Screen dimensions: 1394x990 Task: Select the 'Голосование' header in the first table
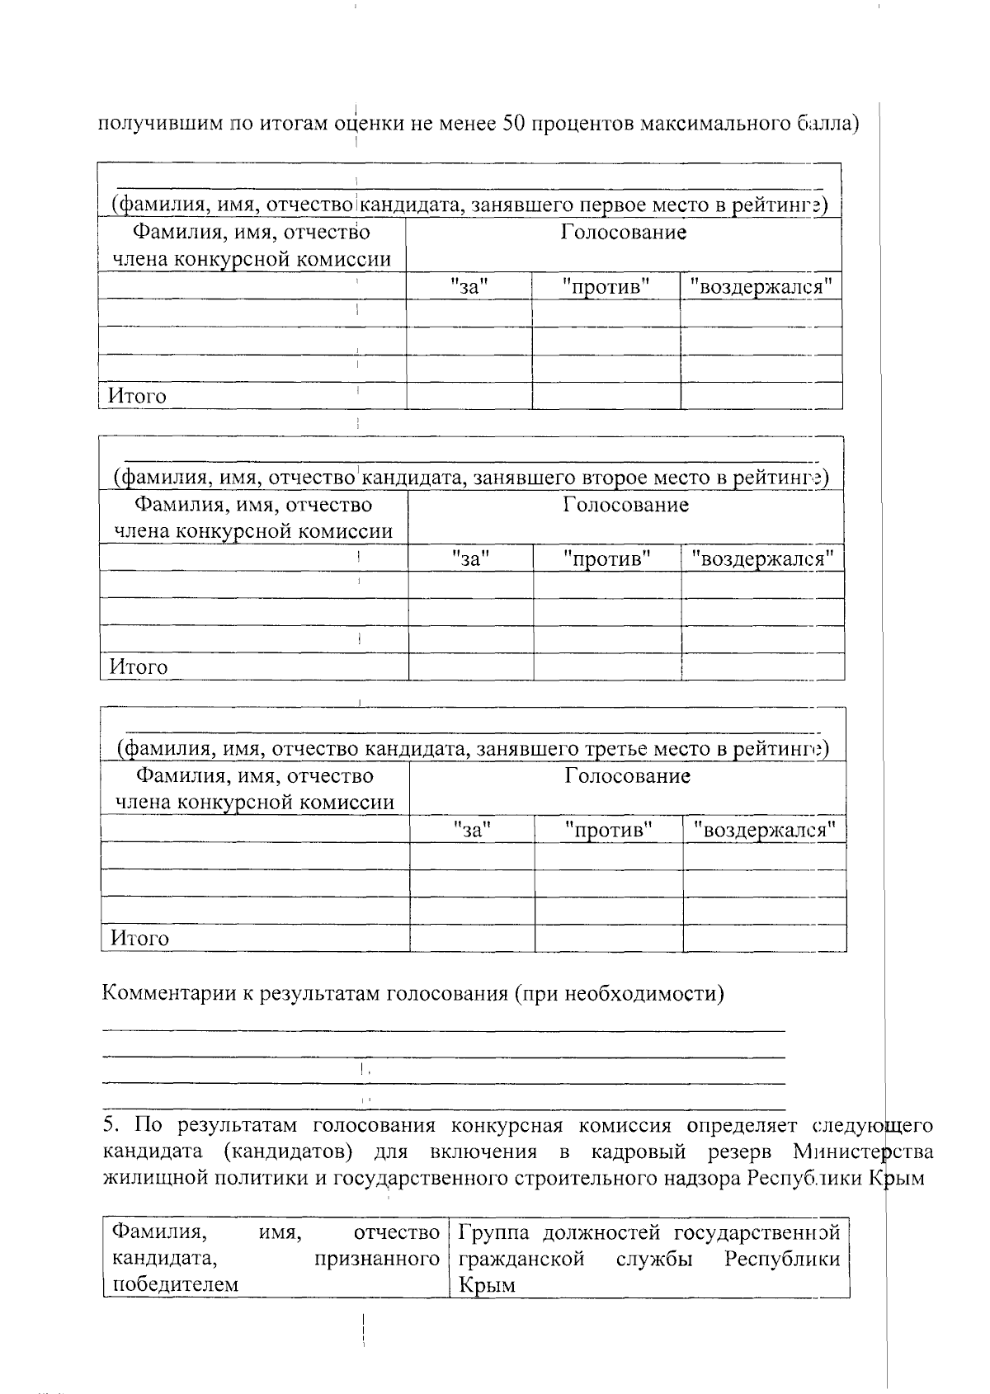(624, 233)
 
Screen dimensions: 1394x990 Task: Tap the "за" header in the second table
(471, 558)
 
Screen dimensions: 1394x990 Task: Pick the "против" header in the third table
(609, 830)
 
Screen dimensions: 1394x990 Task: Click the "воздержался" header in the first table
(761, 287)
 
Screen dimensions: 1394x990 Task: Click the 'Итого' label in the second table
(139, 667)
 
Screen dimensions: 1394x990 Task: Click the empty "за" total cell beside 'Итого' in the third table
(472, 939)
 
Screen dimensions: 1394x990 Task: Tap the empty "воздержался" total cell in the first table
(761, 397)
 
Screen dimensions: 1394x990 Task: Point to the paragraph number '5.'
(113, 1126)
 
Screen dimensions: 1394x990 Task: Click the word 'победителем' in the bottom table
(175, 1284)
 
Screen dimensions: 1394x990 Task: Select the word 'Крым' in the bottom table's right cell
(487, 1285)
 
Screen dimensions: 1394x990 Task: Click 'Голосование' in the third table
(628, 776)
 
